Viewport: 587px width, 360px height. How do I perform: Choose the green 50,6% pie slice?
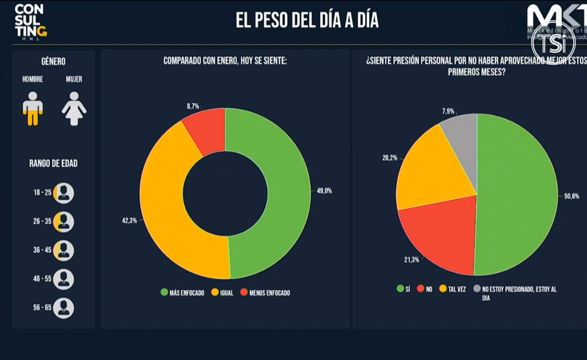(x=516, y=195)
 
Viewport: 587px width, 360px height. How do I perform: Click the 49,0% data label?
(x=324, y=191)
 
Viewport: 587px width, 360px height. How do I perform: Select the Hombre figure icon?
(x=33, y=108)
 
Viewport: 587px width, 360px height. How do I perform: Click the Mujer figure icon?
(x=74, y=108)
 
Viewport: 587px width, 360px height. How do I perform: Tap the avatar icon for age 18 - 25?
(x=64, y=193)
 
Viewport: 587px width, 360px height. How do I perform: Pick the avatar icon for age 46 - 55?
(x=64, y=280)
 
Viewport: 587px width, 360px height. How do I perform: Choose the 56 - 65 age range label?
(x=42, y=308)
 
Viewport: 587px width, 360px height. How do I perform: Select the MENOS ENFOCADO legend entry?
(x=266, y=293)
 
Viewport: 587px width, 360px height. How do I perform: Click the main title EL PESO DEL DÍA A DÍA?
(x=307, y=21)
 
